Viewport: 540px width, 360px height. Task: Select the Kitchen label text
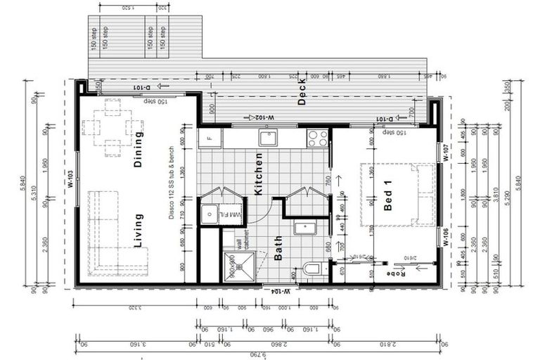pos(258,174)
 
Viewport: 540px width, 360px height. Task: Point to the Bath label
pos(279,248)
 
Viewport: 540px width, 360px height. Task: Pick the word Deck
pos(302,91)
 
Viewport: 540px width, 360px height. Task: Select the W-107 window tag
pos(446,153)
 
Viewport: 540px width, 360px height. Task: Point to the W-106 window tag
pos(446,237)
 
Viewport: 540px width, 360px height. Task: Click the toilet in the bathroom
pos(313,269)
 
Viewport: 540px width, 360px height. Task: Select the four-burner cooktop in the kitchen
pos(316,138)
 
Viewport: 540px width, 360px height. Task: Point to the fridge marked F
pos(209,138)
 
